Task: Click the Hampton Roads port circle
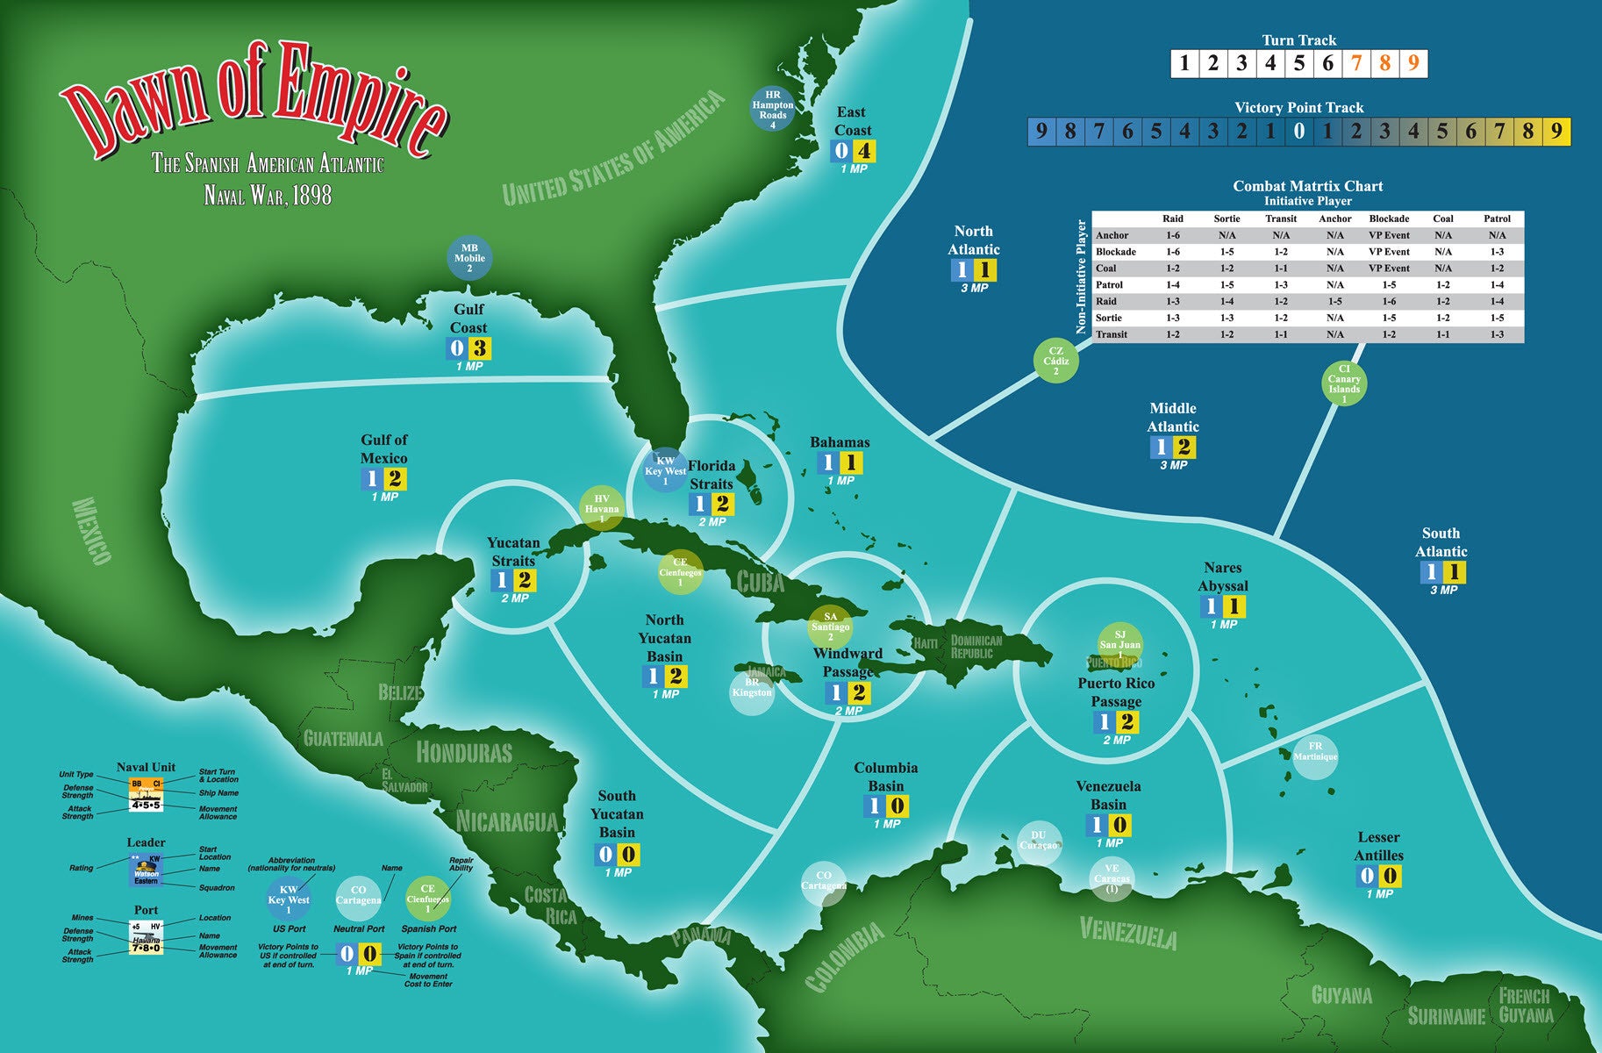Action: point(773,109)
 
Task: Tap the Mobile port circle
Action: point(469,258)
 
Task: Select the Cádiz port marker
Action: point(1056,361)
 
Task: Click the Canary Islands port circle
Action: point(1344,383)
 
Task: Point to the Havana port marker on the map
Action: point(602,508)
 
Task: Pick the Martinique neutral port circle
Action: point(1315,756)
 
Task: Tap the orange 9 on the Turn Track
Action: point(1412,63)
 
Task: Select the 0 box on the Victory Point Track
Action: point(1299,132)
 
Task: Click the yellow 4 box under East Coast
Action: point(864,151)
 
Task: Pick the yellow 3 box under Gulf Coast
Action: point(480,348)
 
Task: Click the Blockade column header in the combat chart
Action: point(1389,218)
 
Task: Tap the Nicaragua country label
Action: point(506,822)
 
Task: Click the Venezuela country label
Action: point(1127,932)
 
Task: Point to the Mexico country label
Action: point(92,531)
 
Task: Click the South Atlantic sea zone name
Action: point(1441,542)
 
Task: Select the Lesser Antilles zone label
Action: point(1378,846)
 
